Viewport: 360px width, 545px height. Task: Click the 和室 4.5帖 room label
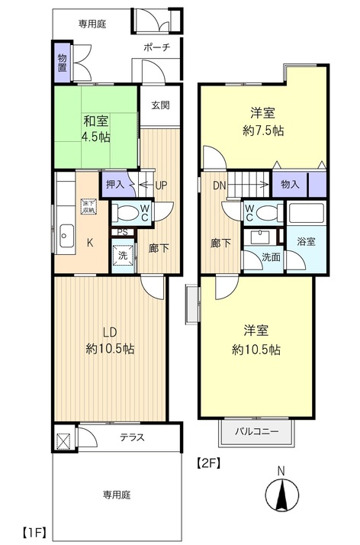click(96, 129)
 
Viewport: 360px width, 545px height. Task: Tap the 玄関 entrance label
click(160, 105)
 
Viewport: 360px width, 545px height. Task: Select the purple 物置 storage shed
click(62, 63)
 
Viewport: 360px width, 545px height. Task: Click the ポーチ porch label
click(156, 47)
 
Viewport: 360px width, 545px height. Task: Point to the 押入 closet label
click(115, 184)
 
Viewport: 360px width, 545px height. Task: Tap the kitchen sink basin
click(66, 235)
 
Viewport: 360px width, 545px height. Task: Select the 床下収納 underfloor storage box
click(88, 206)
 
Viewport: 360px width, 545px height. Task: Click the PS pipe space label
click(123, 232)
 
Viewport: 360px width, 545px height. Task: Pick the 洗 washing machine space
click(124, 256)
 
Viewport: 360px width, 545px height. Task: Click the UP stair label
click(161, 185)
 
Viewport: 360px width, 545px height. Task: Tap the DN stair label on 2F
click(219, 185)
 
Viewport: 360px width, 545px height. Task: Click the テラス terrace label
click(132, 437)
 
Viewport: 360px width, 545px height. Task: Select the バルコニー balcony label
click(257, 432)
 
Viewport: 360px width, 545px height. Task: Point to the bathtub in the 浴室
click(306, 213)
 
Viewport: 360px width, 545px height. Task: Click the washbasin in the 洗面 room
click(260, 237)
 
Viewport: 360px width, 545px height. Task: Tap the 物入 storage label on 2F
click(290, 184)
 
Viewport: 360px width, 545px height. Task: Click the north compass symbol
click(282, 495)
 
